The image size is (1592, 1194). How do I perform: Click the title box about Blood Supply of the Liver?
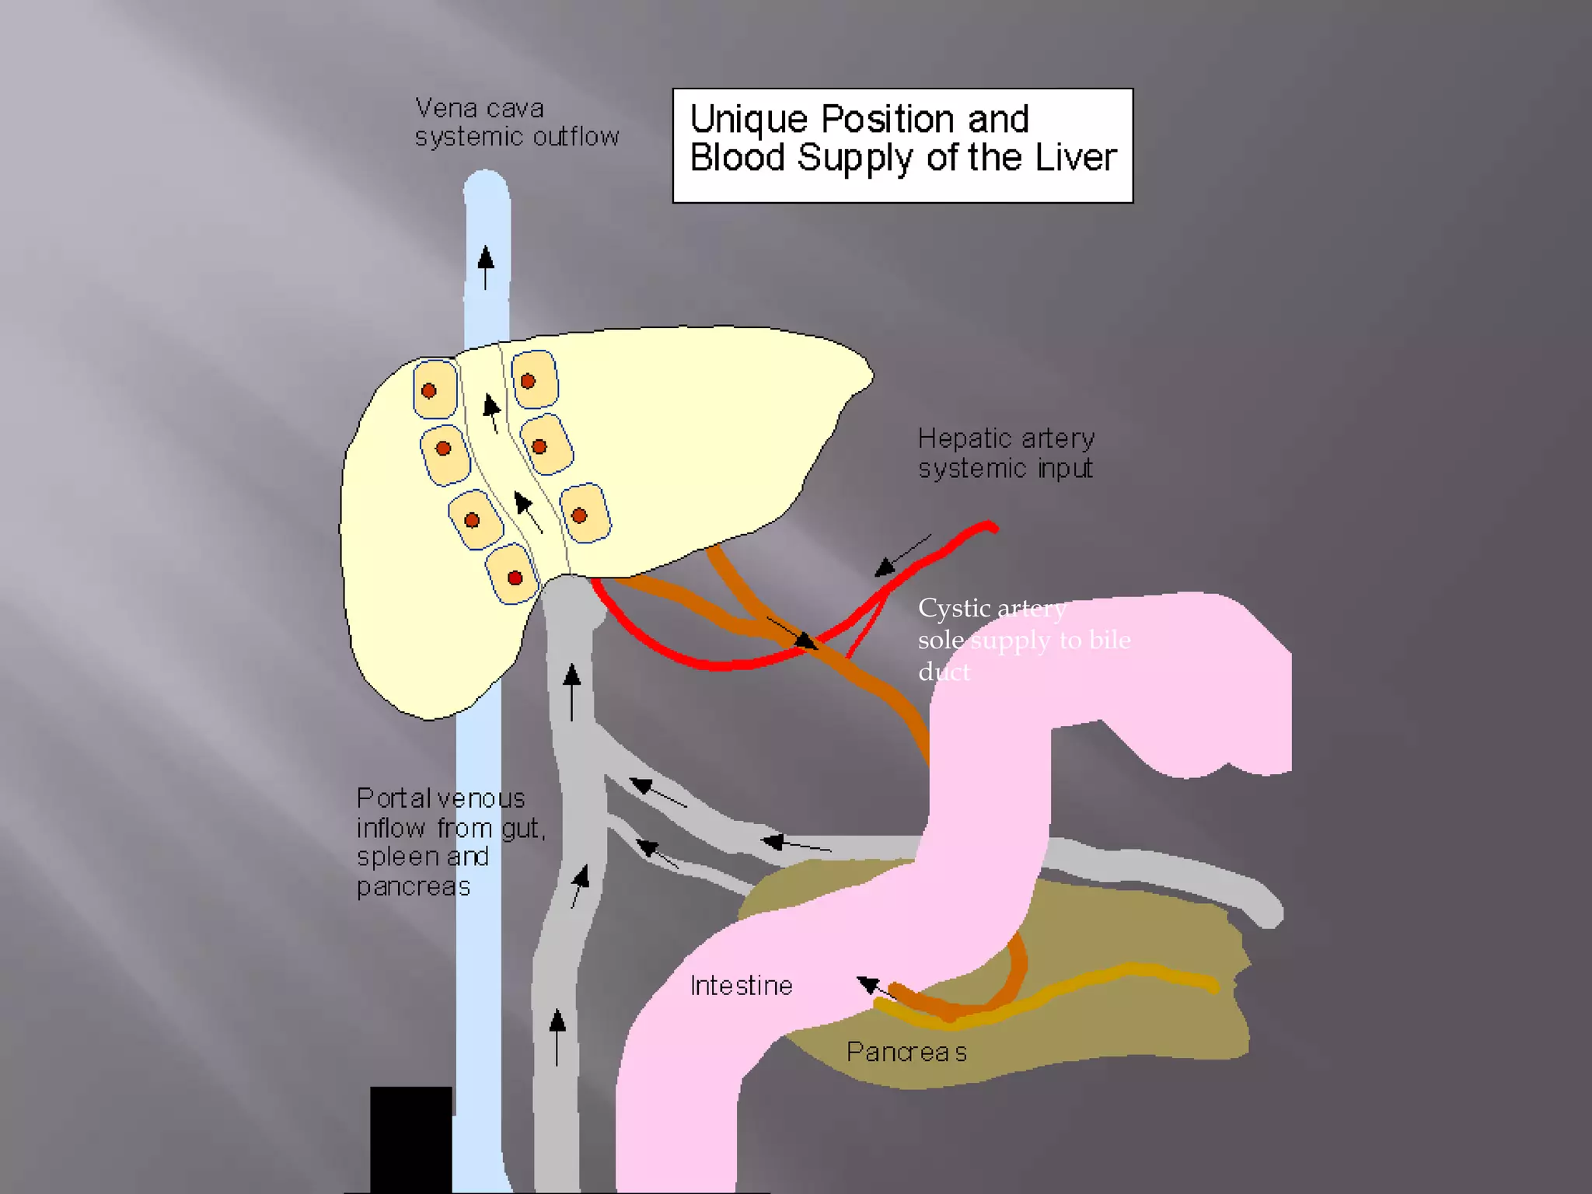902,145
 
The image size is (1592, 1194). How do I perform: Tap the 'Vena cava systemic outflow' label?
516,123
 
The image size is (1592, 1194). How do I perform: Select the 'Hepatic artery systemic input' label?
1006,453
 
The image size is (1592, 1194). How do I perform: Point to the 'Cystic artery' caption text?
991,608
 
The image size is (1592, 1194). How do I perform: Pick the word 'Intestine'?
741,986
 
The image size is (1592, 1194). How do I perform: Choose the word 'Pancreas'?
906,1052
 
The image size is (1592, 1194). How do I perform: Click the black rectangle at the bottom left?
410,1138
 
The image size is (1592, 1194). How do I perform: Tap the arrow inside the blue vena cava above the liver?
486,267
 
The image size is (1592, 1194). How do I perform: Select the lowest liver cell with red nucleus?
512,575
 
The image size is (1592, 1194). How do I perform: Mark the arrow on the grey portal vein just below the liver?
572,690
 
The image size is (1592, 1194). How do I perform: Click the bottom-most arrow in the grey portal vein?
557,1036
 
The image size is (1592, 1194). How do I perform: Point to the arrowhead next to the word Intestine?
868,985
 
